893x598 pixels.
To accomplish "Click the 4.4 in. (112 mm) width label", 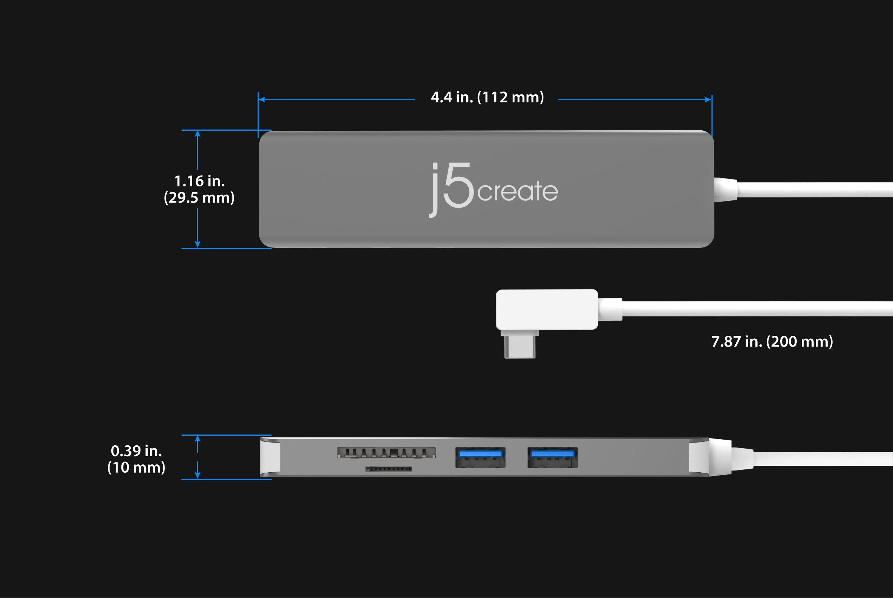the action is [x=487, y=98].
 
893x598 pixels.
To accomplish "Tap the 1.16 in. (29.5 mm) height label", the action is [x=199, y=189].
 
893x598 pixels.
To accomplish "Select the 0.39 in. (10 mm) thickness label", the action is [x=137, y=459].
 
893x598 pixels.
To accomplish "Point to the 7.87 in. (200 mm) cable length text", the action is [x=772, y=342].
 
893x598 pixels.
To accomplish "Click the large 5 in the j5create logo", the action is [x=458, y=185].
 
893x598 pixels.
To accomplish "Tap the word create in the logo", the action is [x=518, y=191].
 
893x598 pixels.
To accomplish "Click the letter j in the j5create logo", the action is [x=434, y=190].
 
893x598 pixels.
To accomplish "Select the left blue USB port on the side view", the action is [x=480, y=457].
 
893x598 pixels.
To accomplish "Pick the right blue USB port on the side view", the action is [x=552, y=457].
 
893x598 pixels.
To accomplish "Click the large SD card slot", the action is [x=386, y=452].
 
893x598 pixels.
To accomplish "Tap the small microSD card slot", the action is [x=388, y=469].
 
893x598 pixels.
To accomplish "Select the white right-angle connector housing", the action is [x=547, y=309].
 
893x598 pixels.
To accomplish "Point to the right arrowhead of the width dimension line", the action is [x=708, y=99].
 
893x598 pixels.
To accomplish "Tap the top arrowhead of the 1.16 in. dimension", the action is [x=198, y=134].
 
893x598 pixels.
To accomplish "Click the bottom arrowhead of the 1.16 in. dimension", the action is [x=198, y=245].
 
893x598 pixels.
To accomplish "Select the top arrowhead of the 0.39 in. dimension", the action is [x=198, y=439].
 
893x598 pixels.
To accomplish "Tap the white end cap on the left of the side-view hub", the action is [x=270, y=457].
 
